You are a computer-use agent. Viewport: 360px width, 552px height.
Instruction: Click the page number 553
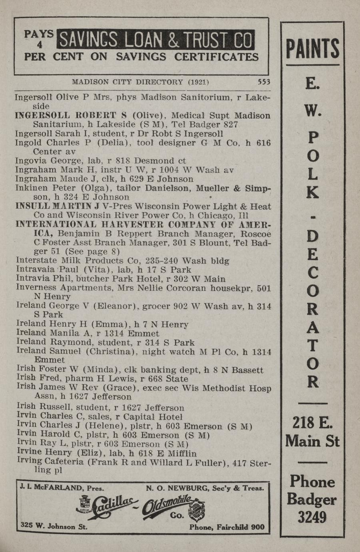click(264, 82)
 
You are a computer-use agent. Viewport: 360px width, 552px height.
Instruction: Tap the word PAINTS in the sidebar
click(312, 49)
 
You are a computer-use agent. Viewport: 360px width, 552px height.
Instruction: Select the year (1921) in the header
click(198, 82)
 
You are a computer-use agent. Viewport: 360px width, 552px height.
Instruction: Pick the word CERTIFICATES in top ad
click(216, 57)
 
